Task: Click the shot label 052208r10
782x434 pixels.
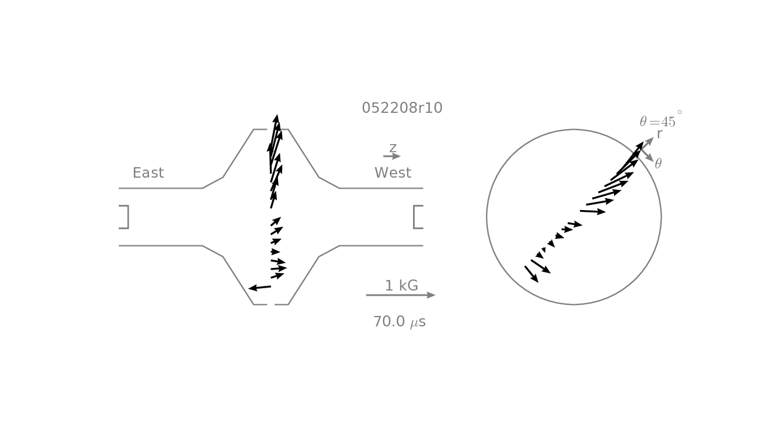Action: [x=402, y=108]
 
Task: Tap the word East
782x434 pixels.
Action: [x=148, y=172]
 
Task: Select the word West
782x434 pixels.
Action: [x=393, y=172]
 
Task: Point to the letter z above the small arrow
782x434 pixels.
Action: [x=393, y=148]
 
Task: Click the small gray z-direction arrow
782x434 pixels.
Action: [x=392, y=156]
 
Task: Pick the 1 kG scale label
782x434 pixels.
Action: [x=401, y=286]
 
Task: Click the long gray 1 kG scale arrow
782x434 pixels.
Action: [x=400, y=295]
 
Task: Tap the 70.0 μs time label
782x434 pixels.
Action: [x=400, y=322]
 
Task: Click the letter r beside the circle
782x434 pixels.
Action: [x=659, y=134]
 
